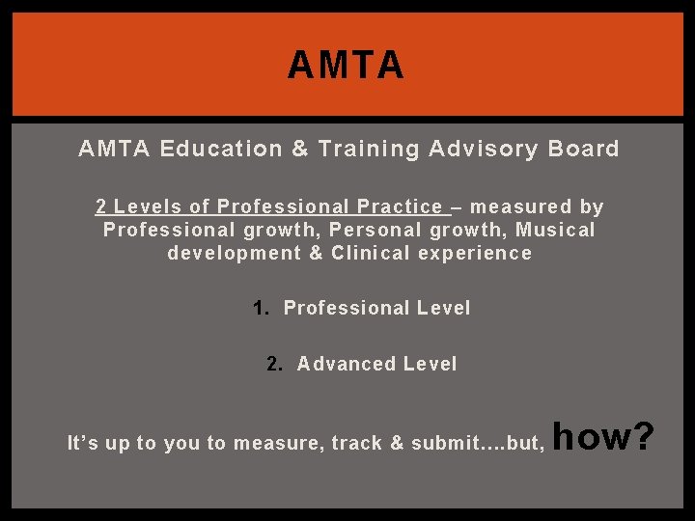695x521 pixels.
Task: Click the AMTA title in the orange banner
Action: [x=346, y=67]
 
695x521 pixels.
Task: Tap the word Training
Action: [x=366, y=149]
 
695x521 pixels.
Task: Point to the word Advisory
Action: [x=470, y=149]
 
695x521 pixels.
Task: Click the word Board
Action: [x=583, y=149]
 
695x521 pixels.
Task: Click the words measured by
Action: [x=537, y=206]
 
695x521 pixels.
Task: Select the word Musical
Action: [x=555, y=230]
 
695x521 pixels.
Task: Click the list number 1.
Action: [x=259, y=309]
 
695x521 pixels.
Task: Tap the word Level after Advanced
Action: [x=430, y=364]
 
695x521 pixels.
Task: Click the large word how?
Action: [x=605, y=437]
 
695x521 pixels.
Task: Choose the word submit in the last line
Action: [x=446, y=444]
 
